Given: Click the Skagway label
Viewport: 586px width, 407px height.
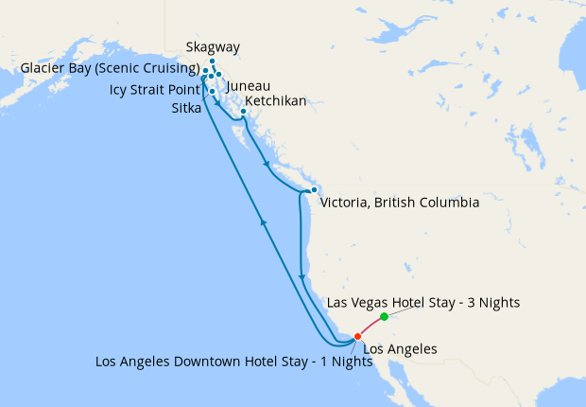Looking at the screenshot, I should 213,46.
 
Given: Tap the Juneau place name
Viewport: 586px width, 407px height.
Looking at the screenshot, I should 249,85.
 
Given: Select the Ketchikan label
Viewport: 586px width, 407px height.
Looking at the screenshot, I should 275,101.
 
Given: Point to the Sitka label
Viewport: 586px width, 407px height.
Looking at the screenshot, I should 185,109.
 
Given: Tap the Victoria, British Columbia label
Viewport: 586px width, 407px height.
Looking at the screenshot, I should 400,203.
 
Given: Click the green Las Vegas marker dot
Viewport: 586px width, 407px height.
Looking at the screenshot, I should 384,316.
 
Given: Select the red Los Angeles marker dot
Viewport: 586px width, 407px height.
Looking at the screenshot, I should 357,336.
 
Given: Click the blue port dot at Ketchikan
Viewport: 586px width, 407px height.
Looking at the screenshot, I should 244,112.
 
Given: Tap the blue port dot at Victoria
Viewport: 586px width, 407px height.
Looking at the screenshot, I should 314,190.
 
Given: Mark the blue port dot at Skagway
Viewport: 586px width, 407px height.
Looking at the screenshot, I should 213,61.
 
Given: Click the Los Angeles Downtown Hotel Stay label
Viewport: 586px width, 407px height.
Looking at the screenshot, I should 227,362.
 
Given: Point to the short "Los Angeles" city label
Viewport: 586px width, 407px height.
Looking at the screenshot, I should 400,349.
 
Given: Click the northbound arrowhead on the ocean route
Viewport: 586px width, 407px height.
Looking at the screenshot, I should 263,222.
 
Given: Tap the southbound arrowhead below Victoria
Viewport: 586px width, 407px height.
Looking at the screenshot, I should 302,276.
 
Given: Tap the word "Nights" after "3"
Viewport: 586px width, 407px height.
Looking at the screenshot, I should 497,303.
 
